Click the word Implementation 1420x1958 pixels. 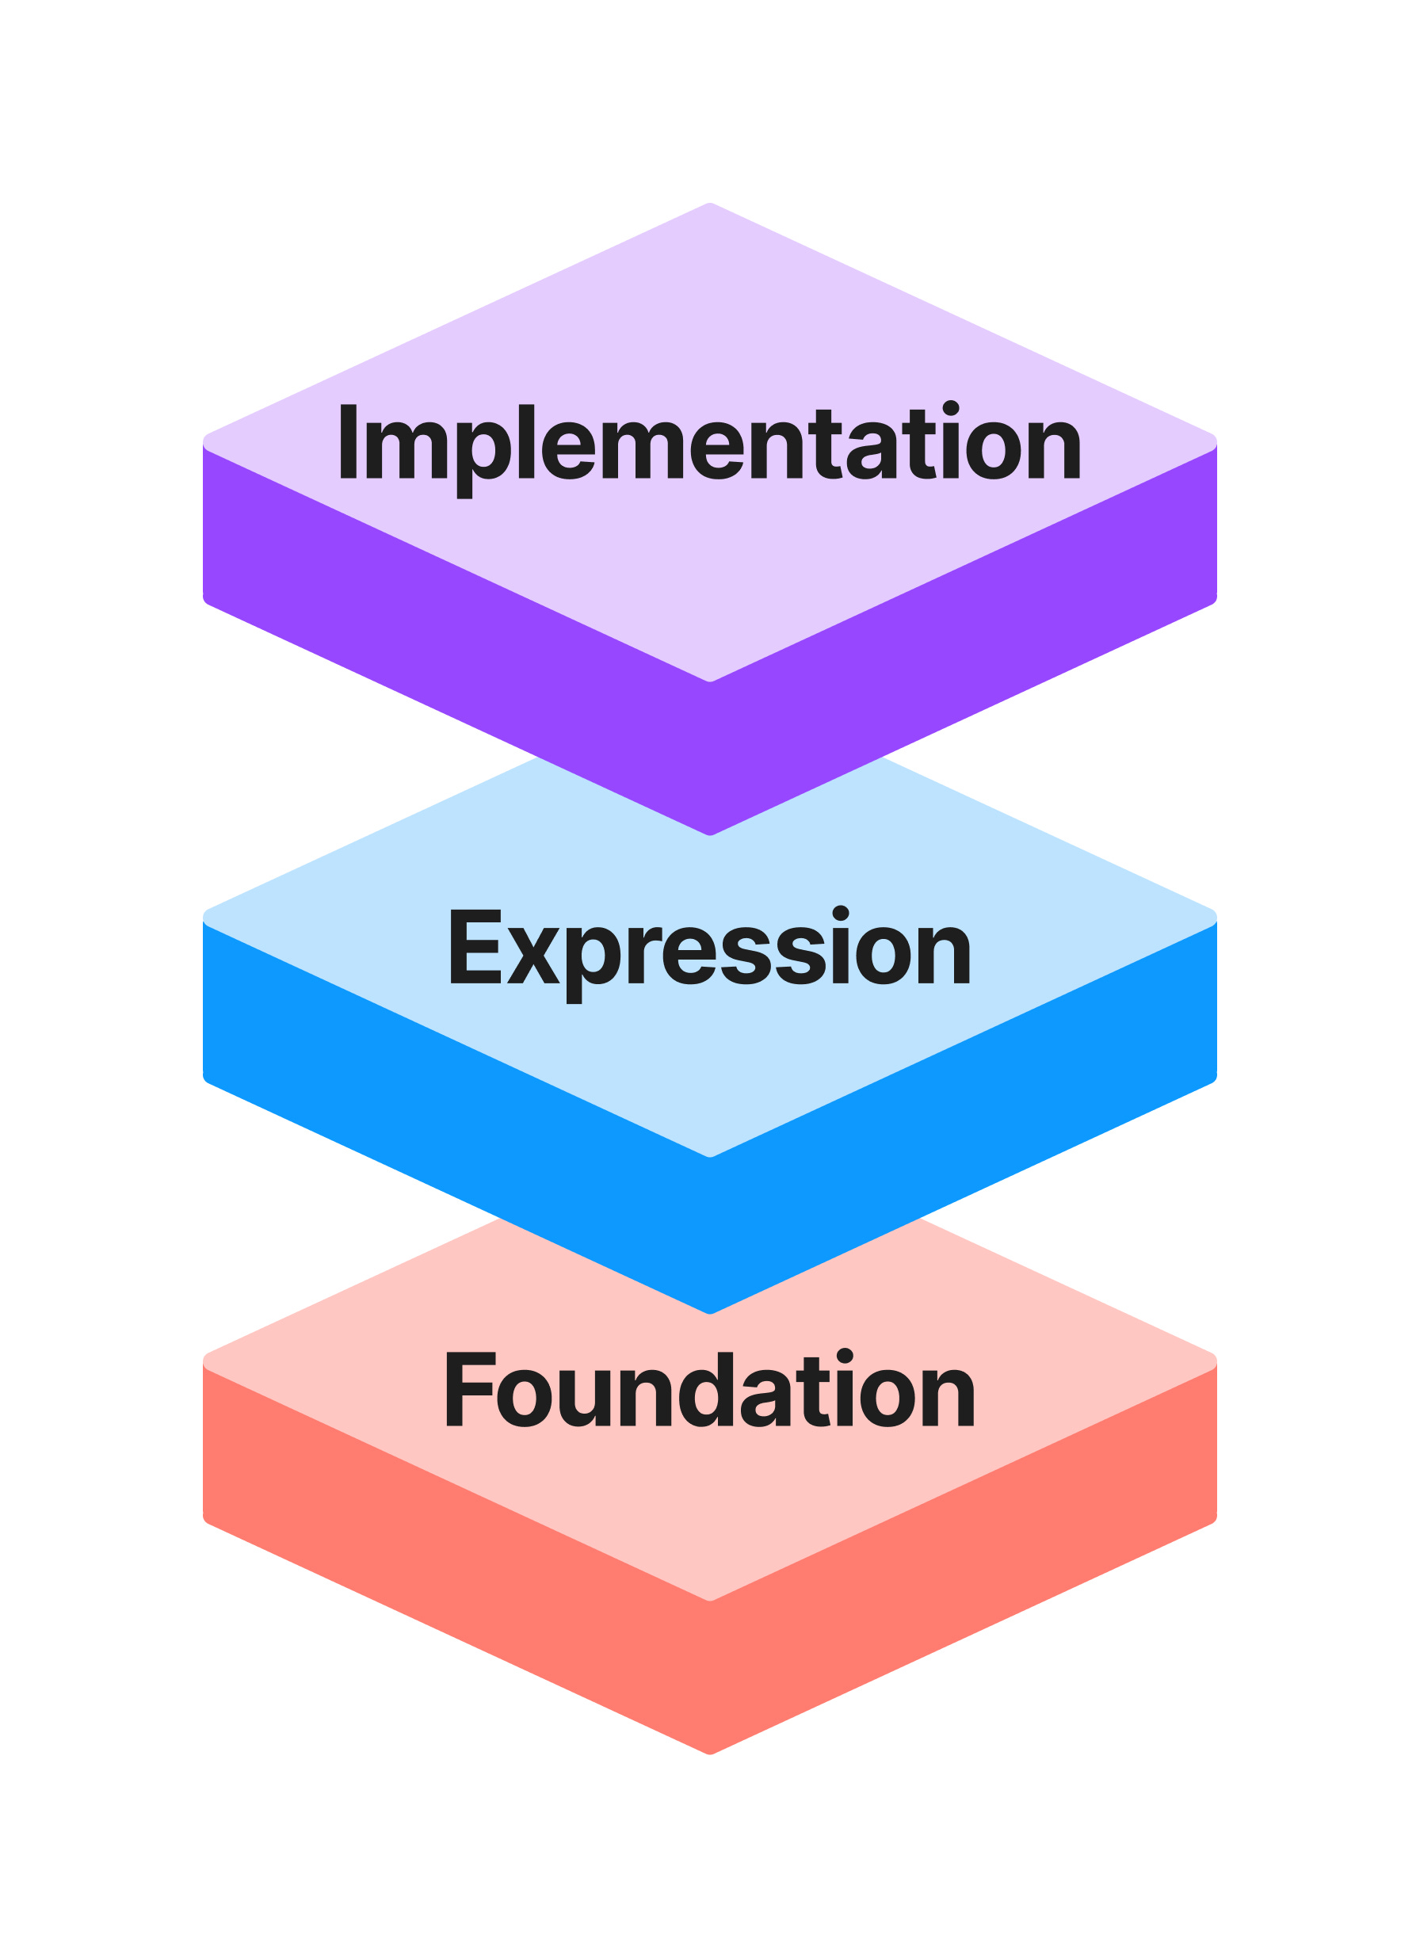tap(709, 444)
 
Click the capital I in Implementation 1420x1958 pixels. tap(349, 441)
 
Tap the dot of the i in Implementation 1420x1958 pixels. tap(950, 408)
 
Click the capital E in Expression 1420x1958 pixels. tap(475, 946)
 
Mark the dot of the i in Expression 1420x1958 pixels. tap(841, 914)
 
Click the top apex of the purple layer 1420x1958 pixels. tap(709, 204)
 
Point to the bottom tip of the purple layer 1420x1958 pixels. tap(709, 834)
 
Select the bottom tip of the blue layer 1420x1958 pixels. tap(709, 1312)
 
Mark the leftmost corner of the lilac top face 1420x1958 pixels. tap(205, 442)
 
